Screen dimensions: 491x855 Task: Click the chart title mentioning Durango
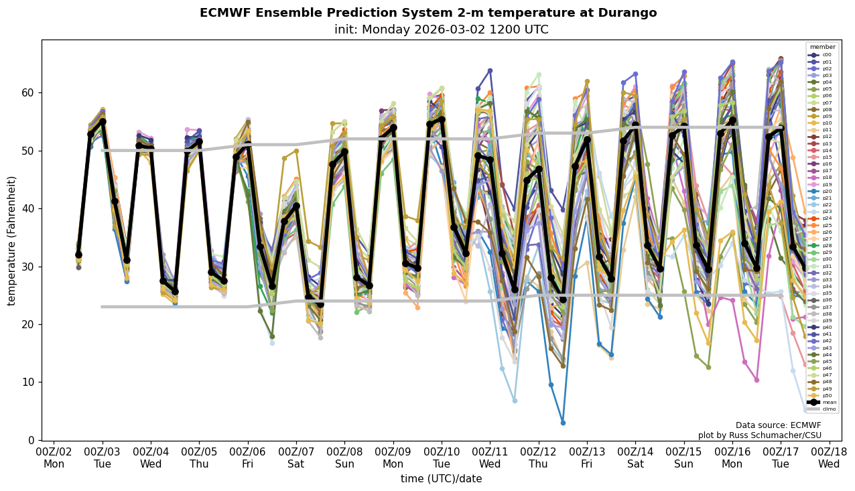(x=428, y=13)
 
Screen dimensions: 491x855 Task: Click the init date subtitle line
(x=441, y=29)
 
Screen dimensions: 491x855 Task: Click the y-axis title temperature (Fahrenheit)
(x=11, y=240)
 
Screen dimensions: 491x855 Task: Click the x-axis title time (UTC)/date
(x=441, y=479)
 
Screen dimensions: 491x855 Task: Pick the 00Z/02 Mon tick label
(x=54, y=458)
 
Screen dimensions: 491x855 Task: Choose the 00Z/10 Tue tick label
(x=442, y=458)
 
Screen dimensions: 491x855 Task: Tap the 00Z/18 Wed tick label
(x=829, y=458)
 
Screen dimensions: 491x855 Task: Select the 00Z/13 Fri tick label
(x=587, y=458)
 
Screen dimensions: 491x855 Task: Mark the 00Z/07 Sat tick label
(x=296, y=458)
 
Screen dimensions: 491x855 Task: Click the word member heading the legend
(x=823, y=47)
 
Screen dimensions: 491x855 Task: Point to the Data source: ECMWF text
(x=778, y=425)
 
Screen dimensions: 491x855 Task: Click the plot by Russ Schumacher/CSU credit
(x=759, y=435)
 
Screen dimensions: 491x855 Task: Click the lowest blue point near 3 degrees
(x=563, y=423)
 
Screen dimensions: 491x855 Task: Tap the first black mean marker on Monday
(x=78, y=255)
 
